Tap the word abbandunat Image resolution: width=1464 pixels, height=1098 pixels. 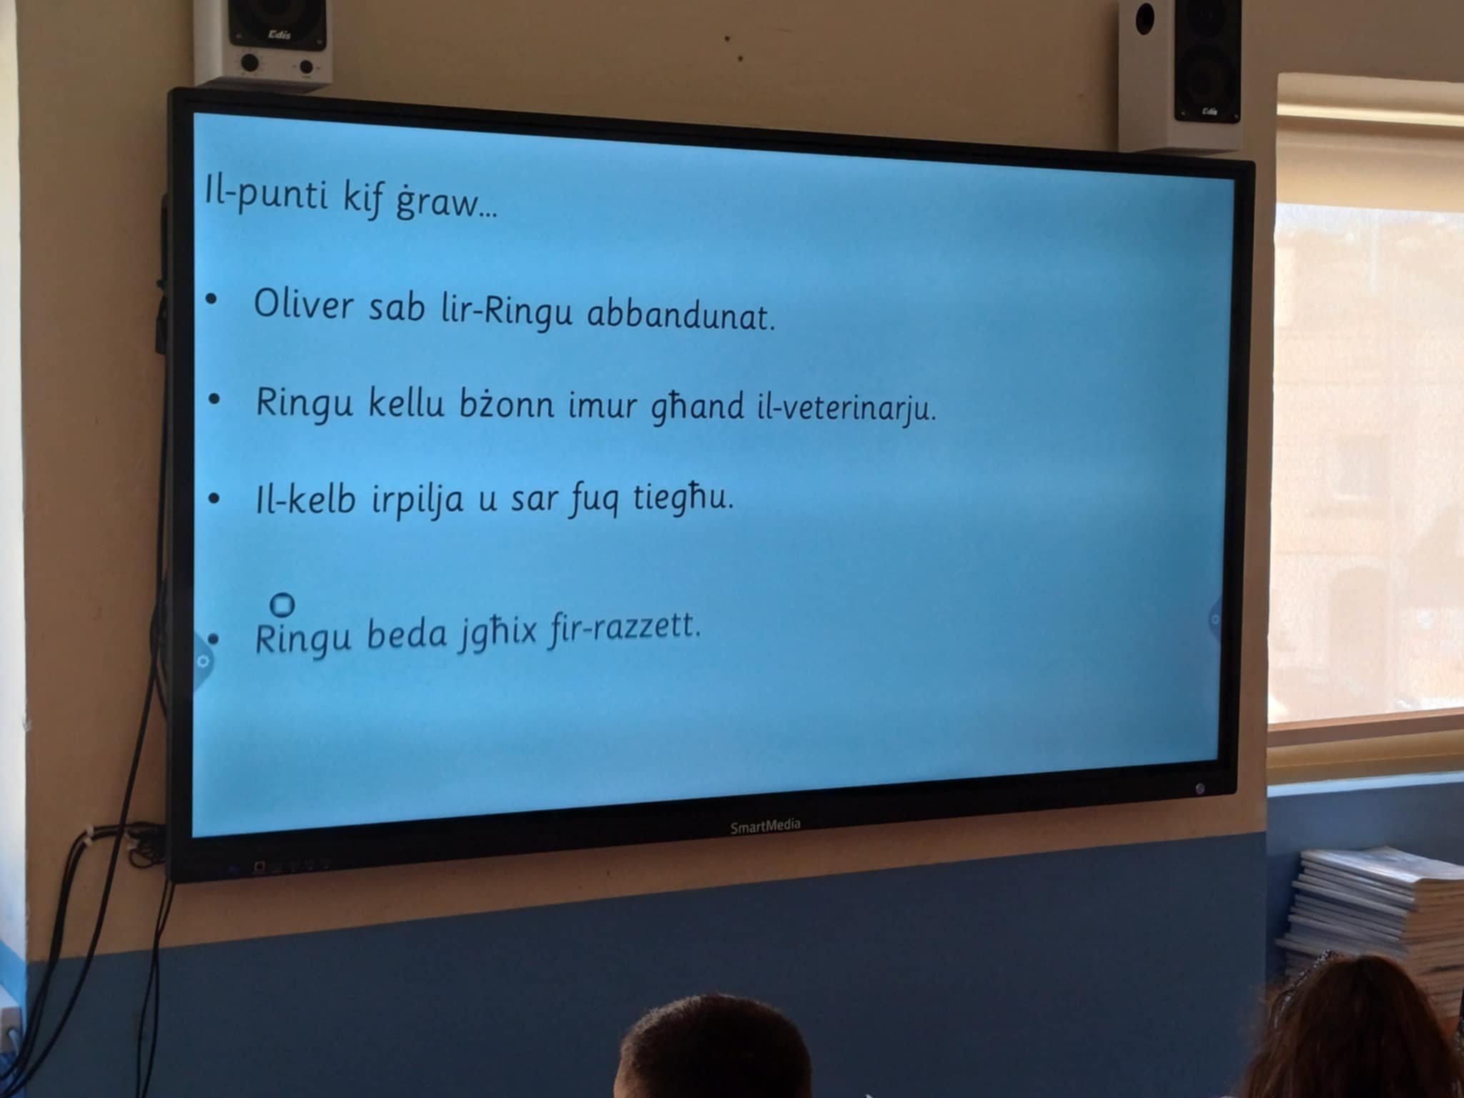click(x=681, y=315)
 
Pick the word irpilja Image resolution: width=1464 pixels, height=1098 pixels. click(x=417, y=500)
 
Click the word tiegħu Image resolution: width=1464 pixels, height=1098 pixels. click(x=683, y=497)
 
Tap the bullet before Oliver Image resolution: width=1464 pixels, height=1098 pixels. click(x=210, y=302)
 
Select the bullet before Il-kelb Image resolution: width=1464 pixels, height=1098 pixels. click(x=214, y=498)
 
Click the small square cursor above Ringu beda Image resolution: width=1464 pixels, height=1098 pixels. click(x=283, y=605)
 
